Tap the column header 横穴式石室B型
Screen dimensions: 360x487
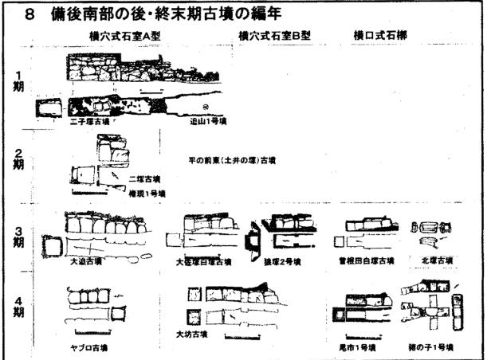coord(273,37)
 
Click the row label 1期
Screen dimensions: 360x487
coord(18,82)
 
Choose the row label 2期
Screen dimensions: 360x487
coord(18,159)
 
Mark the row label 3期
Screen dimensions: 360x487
coord(18,237)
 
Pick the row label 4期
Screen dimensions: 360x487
coord(18,307)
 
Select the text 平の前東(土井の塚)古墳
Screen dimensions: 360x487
coord(232,160)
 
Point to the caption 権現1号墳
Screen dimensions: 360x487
coord(145,194)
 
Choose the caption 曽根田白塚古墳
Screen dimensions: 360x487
coord(367,260)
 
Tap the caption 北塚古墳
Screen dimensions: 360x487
coord(436,260)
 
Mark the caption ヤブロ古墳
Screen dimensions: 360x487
coord(88,347)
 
